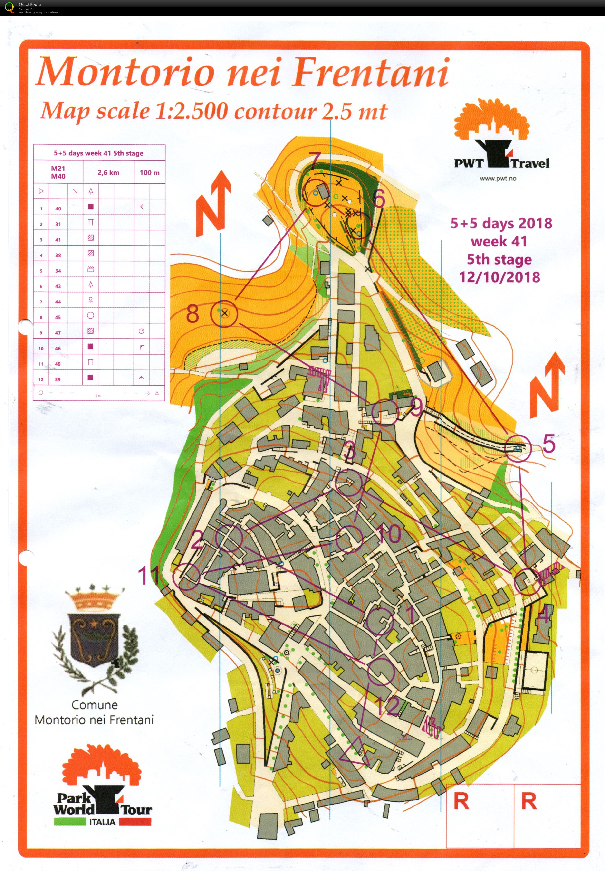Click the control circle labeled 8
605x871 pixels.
coord(224,313)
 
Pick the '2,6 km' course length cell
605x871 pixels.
coord(108,172)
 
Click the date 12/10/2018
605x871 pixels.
coord(499,277)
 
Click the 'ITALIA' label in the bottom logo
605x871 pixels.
coord(102,822)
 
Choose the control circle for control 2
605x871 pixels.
coord(229,538)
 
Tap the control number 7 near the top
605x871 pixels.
coord(315,162)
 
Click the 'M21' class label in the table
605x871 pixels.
coord(58,169)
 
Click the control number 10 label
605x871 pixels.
coord(389,533)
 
